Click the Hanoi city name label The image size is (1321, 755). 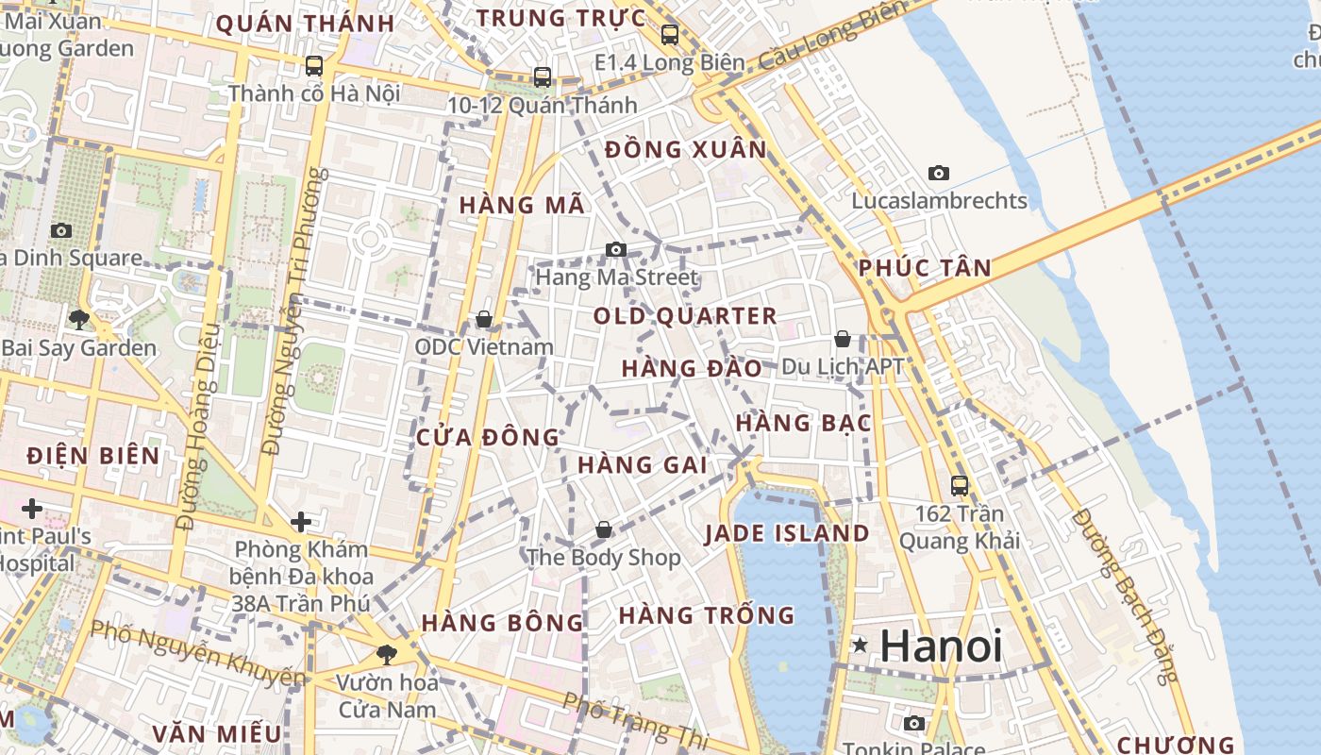point(941,646)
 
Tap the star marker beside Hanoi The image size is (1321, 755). point(860,646)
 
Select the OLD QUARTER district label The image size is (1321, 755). point(685,316)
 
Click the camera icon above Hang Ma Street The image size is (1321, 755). point(616,249)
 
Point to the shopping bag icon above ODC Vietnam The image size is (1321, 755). point(484,320)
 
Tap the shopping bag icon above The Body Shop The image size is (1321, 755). point(603,530)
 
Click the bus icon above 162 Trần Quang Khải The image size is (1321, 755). point(960,486)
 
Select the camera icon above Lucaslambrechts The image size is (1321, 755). point(938,173)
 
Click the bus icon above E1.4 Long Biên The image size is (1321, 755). point(670,35)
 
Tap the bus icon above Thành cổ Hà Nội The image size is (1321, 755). point(314,66)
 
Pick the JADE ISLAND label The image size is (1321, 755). point(788,533)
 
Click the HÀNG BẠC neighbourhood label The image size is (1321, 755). point(803,424)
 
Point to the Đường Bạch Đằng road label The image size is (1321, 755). point(1127,596)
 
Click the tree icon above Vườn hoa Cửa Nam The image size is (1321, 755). point(386,654)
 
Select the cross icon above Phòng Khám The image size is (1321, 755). point(301,522)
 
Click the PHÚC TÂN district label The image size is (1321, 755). point(925,268)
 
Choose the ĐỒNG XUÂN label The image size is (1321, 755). point(686,149)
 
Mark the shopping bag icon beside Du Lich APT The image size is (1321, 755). point(843,338)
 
